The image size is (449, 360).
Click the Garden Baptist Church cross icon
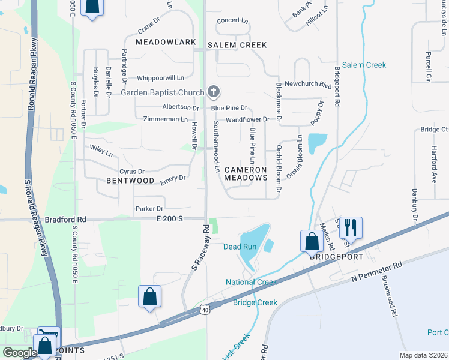point(213,92)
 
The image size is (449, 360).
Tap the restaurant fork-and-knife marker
point(351,227)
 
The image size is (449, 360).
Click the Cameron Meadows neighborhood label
point(245,173)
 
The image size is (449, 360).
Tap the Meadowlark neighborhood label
point(166,42)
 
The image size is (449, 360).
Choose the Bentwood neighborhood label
point(130,180)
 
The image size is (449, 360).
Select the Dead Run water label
point(240,247)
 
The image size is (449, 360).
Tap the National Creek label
point(251,282)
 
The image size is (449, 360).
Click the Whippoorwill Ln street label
point(160,78)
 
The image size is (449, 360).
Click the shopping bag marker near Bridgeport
point(312,242)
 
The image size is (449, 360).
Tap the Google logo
point(19,353)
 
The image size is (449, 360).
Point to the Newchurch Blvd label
point(308,84)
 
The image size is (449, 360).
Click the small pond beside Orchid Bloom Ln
point(317,143)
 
